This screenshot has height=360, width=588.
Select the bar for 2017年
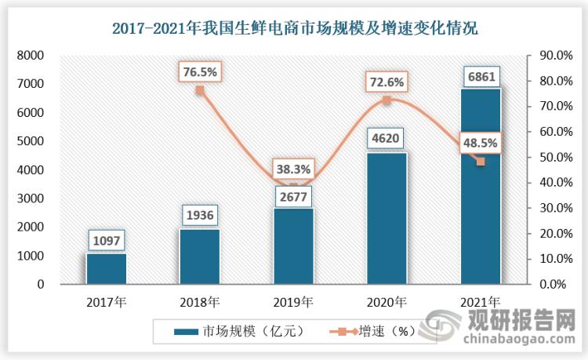pos(106,268)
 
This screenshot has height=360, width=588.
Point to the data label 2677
pos(293,194)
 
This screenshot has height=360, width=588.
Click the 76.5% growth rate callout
pos(200,71)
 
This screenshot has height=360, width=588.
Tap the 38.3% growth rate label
pos(293,168)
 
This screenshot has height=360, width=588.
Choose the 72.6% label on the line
pos(387,81)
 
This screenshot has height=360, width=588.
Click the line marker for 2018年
pos(200,90)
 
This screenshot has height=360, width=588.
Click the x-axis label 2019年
pos(293,301)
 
